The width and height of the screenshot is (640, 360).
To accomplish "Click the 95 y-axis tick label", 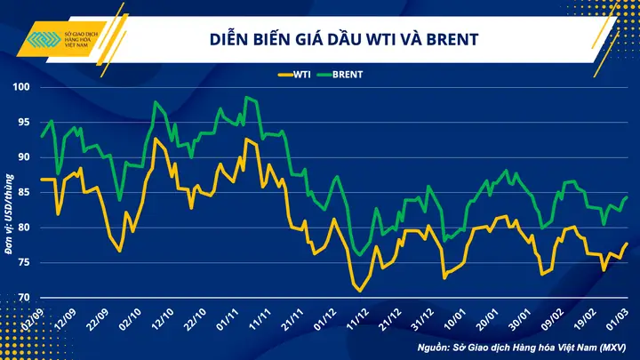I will [23, 123].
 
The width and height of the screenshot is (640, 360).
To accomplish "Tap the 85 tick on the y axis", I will [23, 193].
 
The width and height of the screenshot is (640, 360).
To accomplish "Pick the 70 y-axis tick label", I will [23, 298].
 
